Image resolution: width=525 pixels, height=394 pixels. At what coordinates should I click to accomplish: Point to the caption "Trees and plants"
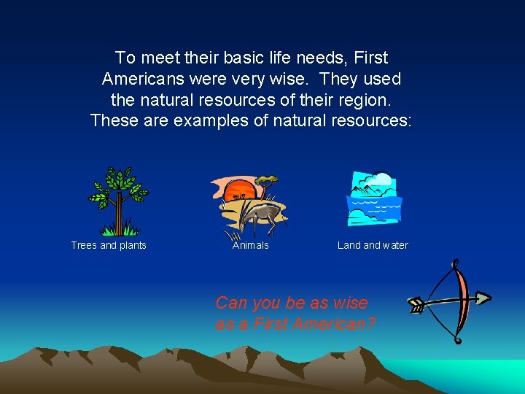click(109, 245)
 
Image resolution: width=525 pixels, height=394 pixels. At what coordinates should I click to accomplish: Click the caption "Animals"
click(250, 245)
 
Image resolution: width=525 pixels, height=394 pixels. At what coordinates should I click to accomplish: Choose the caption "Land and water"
click(373, 245)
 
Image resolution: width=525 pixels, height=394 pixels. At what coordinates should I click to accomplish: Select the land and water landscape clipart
click(374, 199)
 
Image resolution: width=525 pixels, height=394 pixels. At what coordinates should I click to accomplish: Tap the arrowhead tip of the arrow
click(484, 297)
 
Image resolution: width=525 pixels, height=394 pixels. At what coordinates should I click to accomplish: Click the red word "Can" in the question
click(232, 303)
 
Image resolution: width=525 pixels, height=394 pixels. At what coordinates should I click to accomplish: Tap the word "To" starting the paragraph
click(125, 58)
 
